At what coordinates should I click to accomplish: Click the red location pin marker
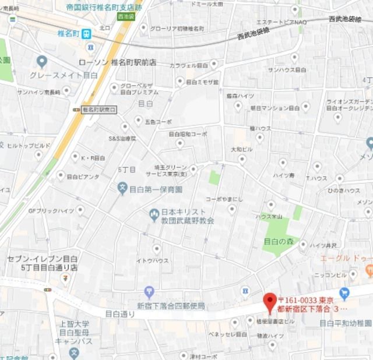tap(269, 301)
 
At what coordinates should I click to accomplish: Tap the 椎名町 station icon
tap(86, 34)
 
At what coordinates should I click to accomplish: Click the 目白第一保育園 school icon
tap(122, 189)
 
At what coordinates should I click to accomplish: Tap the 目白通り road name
tap(119, 313)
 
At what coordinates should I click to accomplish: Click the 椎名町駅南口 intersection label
tap(99, 110)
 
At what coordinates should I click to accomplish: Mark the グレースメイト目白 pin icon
tap(41, 61)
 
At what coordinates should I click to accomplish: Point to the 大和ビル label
tap(242, 149)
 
